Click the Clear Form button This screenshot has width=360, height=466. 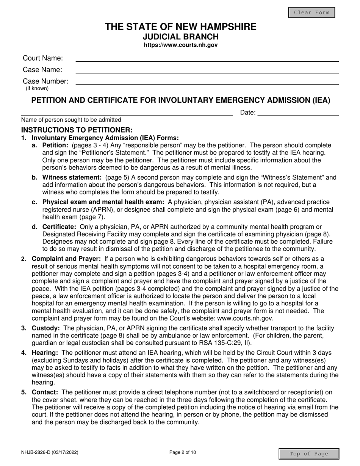311,13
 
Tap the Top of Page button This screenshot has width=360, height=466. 308,454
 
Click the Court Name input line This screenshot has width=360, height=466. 207,58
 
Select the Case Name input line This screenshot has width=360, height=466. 207,70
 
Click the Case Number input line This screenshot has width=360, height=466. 207,81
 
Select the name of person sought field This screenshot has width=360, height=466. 127,112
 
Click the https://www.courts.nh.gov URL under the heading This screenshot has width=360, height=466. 180,45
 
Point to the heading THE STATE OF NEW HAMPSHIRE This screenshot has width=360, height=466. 180,27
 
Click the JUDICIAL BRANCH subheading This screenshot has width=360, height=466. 180,37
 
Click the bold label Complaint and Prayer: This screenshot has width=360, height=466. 66,259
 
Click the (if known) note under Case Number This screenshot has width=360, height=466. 37,88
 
